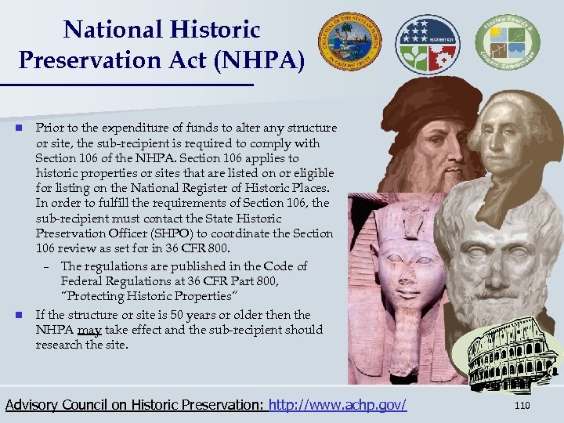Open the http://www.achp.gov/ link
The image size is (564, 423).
click(x=338, y=405)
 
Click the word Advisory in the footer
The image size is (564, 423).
click(x=33, y=405)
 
